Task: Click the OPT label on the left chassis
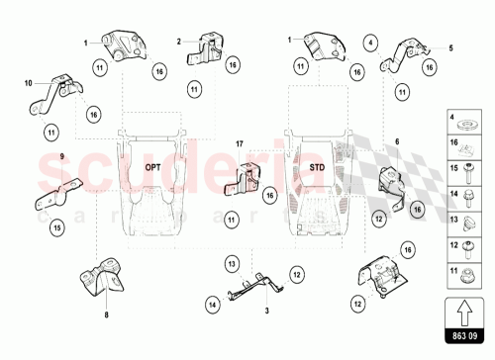152,167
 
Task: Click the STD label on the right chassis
317,167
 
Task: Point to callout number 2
179,42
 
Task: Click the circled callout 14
212,305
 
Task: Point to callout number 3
266,311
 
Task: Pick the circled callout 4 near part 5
371,43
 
